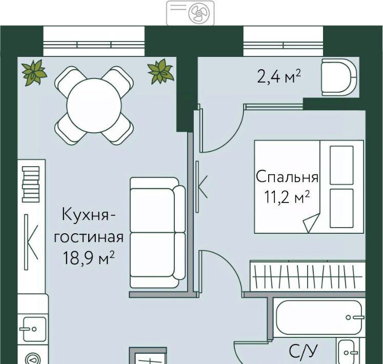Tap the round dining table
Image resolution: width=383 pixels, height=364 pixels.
pos(94,106)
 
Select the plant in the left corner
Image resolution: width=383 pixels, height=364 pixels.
pos(34,72)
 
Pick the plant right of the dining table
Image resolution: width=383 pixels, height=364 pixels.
pos(161,72)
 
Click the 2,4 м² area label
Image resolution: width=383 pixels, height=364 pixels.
pos(279,76)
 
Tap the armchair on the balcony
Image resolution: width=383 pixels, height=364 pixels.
pos(339,77)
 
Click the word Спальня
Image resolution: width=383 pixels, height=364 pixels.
pos(287,177)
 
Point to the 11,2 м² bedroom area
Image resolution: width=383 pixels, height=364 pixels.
pos(287,197)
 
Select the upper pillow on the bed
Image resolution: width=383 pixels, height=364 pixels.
pos(341,165)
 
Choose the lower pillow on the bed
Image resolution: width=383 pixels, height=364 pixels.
pos(341,208)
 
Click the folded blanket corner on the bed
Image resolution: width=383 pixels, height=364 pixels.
pos(311,223)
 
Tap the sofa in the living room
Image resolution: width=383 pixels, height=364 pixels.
pos(157,232)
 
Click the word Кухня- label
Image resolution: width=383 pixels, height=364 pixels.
pos(88,214)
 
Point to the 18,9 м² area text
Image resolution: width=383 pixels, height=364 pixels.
pos(88,258)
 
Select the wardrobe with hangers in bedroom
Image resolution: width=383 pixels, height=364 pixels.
pos(308,276)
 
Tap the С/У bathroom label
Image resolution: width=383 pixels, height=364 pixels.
pos(303,352)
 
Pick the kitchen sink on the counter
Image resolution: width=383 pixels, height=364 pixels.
pos(34,329)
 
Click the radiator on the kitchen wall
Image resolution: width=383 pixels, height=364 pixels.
pos(31,185)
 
